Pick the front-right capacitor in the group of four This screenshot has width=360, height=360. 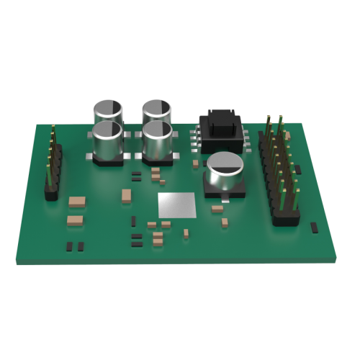click(x=157, y=140)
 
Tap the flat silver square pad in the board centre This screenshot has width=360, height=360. click(x=177, y=204)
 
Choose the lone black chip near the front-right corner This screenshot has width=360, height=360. click(x=313, y=228)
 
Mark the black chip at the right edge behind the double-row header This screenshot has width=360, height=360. click(x=297, y=168)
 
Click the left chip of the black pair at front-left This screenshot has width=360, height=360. click(x=70, y=246)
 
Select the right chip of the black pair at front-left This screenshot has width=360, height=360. click(x=79, y=246)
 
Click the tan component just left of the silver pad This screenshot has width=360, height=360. click(x=127, y=194)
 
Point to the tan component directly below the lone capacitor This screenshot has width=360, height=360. click(x=217, y=210)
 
